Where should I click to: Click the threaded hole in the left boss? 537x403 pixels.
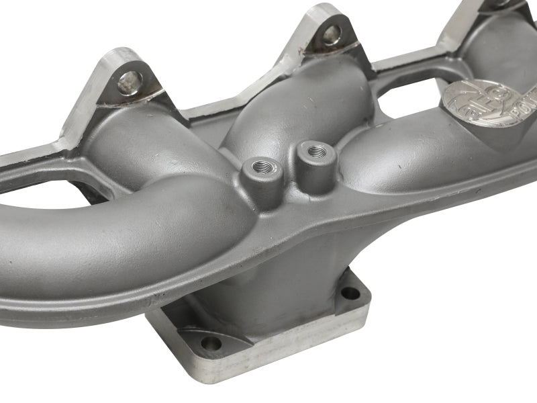[259, 165]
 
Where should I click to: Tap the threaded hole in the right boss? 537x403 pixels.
[313, 151]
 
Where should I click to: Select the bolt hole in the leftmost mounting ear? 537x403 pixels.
[130, 83]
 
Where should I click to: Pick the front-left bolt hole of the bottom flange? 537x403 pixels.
[211, 343]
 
